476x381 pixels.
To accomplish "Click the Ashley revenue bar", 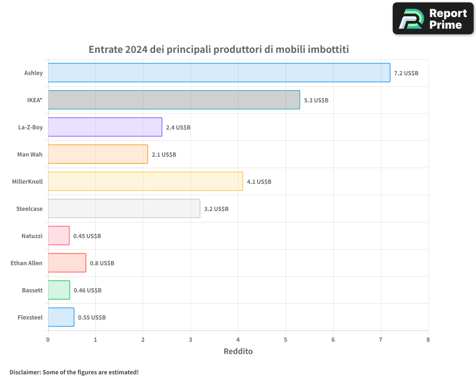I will [x=219, y=73].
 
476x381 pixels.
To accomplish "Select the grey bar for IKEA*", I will [x=174, y=100].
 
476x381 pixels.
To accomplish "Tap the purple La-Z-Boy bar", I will [x=105, y=127].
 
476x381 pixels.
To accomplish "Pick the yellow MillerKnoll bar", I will [x=145, y=181].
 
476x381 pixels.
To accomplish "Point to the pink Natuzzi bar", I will [x=59, y=236].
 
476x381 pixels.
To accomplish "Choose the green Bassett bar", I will [x=59, y=290].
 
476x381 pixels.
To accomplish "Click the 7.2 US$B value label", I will [x=406, y=73].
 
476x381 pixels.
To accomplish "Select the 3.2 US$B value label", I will [x=216, y=209].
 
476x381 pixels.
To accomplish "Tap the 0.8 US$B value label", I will [x=102, y=263].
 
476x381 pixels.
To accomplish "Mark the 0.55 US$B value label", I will [x=92, y=318].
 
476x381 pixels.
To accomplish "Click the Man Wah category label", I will [x=30, y=154].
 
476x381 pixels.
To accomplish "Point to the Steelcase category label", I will [x=30, y=209].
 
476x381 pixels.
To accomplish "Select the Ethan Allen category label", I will [x=27, y=263].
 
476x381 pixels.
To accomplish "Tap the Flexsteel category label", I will [x=30, y=317].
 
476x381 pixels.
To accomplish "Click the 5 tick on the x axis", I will [x=286, y=340].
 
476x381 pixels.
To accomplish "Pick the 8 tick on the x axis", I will [x=428, y=340].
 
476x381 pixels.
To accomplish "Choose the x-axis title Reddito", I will [x=238, y=351].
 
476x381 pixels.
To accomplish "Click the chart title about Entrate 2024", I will [x=219, y=50].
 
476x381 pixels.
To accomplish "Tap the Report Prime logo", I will [x=433, y=19].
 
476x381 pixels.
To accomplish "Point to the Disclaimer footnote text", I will [x=74, y=372].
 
